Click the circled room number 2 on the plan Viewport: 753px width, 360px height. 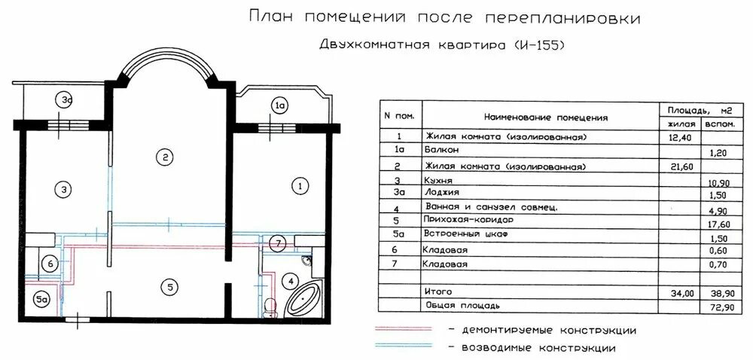pos(164,157)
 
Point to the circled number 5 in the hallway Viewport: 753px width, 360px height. pos(171,286)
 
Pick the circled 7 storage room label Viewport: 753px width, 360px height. pos(279,243)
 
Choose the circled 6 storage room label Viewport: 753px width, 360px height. pos(50,264)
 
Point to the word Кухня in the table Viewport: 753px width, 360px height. pos(439,182)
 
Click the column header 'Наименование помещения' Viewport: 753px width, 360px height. pos(546,118)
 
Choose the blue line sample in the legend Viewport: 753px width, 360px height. pos(404,346)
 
